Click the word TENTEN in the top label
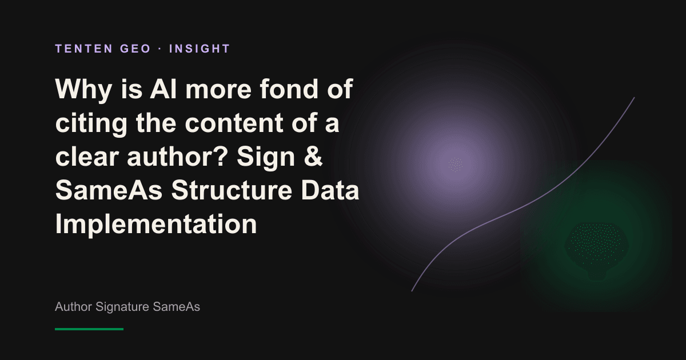point(84,49)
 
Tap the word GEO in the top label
point(135,49)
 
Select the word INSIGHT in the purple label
point(200,49)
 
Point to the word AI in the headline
point(163,89)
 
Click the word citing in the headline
point(91,123)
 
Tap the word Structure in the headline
point(232,190)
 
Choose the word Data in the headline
point(330,190)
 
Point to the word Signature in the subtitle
point(122,307)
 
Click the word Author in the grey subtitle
point(74,307)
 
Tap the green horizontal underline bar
point(89,329)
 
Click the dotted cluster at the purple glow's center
point(456,165)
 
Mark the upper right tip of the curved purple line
point(634,98)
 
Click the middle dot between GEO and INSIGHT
point(160,49)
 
